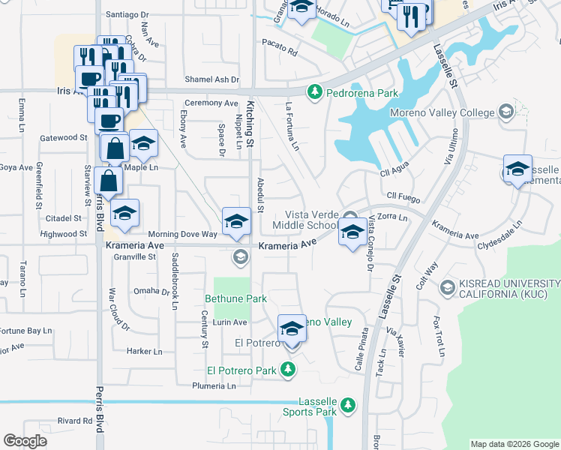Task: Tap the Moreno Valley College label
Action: (x=442, y=113)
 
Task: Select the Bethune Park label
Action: (x=236, y=298)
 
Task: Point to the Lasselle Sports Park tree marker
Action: (x=346, y=406)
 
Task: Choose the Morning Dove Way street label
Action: (x=182, y=234)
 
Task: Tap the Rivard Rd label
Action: (x=74, y=421)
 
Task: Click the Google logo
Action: (x=25, y=441)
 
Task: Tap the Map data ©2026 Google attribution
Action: (x=514, y=444)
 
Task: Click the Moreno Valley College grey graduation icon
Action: (x=505, y=112)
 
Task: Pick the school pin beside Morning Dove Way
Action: (x=236, y=220)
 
